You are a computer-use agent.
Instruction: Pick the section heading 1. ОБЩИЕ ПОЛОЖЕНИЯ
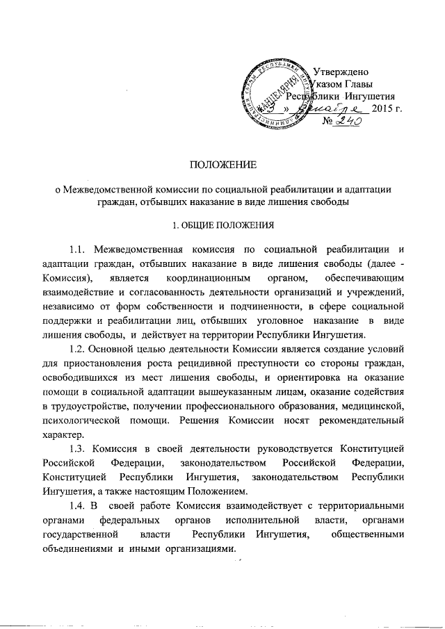[x=223, y=225]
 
